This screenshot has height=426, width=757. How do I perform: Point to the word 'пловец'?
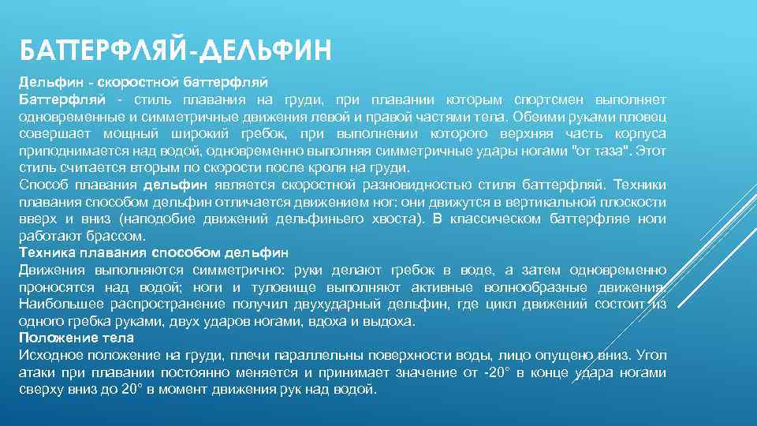(x=643, y=117)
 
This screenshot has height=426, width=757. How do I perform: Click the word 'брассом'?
(x=119, y=236)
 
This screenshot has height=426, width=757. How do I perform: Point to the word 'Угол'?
(x=651, y=355)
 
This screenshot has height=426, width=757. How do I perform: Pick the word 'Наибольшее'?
(x=58, y=305)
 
